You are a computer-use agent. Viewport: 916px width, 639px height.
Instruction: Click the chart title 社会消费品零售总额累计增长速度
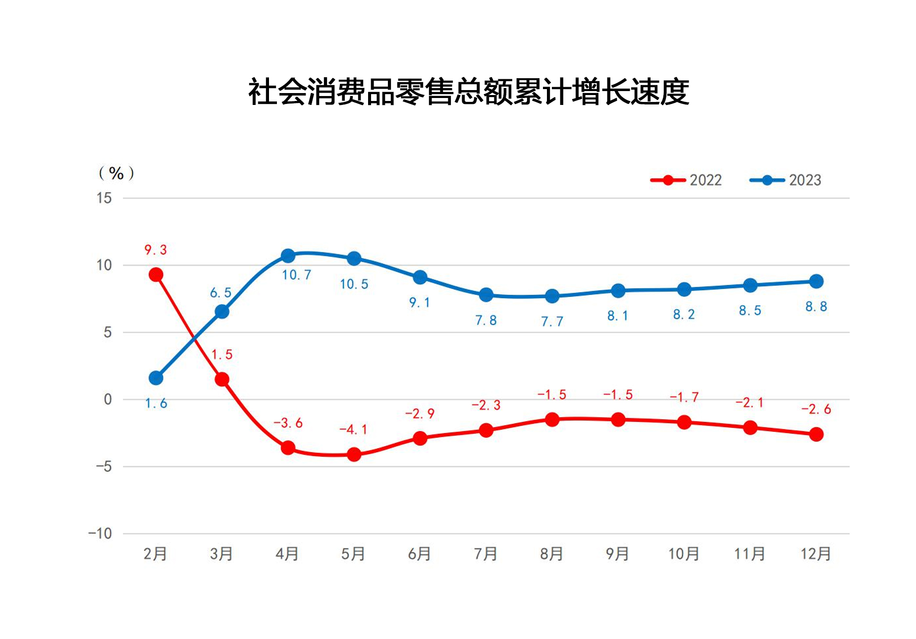click(x=468, y=92)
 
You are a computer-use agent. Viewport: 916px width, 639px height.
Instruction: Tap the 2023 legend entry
click(x=786, y=180)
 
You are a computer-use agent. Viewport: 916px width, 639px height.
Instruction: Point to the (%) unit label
click(x=116, y=173)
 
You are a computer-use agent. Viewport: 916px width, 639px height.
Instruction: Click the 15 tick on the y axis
click(x=104, y=198)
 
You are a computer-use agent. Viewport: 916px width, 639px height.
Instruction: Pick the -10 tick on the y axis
click(x=100, y=534)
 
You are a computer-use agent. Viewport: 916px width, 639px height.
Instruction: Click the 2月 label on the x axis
click(x=155, y=553)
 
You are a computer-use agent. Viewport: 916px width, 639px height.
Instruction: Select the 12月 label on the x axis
click(x=815, y=553)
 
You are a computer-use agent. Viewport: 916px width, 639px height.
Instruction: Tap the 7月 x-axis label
click(x=485, y=553)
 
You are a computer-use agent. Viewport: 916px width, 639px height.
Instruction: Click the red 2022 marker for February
click(x=156, y=275)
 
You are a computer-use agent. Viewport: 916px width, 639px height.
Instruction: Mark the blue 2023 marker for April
click(x=288, y=256)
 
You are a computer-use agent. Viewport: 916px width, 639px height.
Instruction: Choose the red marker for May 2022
click(x=354, y=454)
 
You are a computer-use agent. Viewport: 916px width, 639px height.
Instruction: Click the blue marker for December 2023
click(x=816, y=281)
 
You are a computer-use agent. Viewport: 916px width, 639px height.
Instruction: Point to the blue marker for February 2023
click(x=156, y=378)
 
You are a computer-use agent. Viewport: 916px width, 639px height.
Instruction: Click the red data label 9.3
click(x=156, y=250)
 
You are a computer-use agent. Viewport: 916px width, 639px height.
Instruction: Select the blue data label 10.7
click(x=296, y=275)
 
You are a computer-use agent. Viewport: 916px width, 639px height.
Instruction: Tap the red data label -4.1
click(x=353, y=430)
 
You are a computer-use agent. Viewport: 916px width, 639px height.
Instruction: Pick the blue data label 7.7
click(x=552, y=322)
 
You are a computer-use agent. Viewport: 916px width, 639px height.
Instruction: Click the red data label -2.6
click(x=816, y=409)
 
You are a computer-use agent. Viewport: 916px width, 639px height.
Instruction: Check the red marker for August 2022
click(x=552, y=420)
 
